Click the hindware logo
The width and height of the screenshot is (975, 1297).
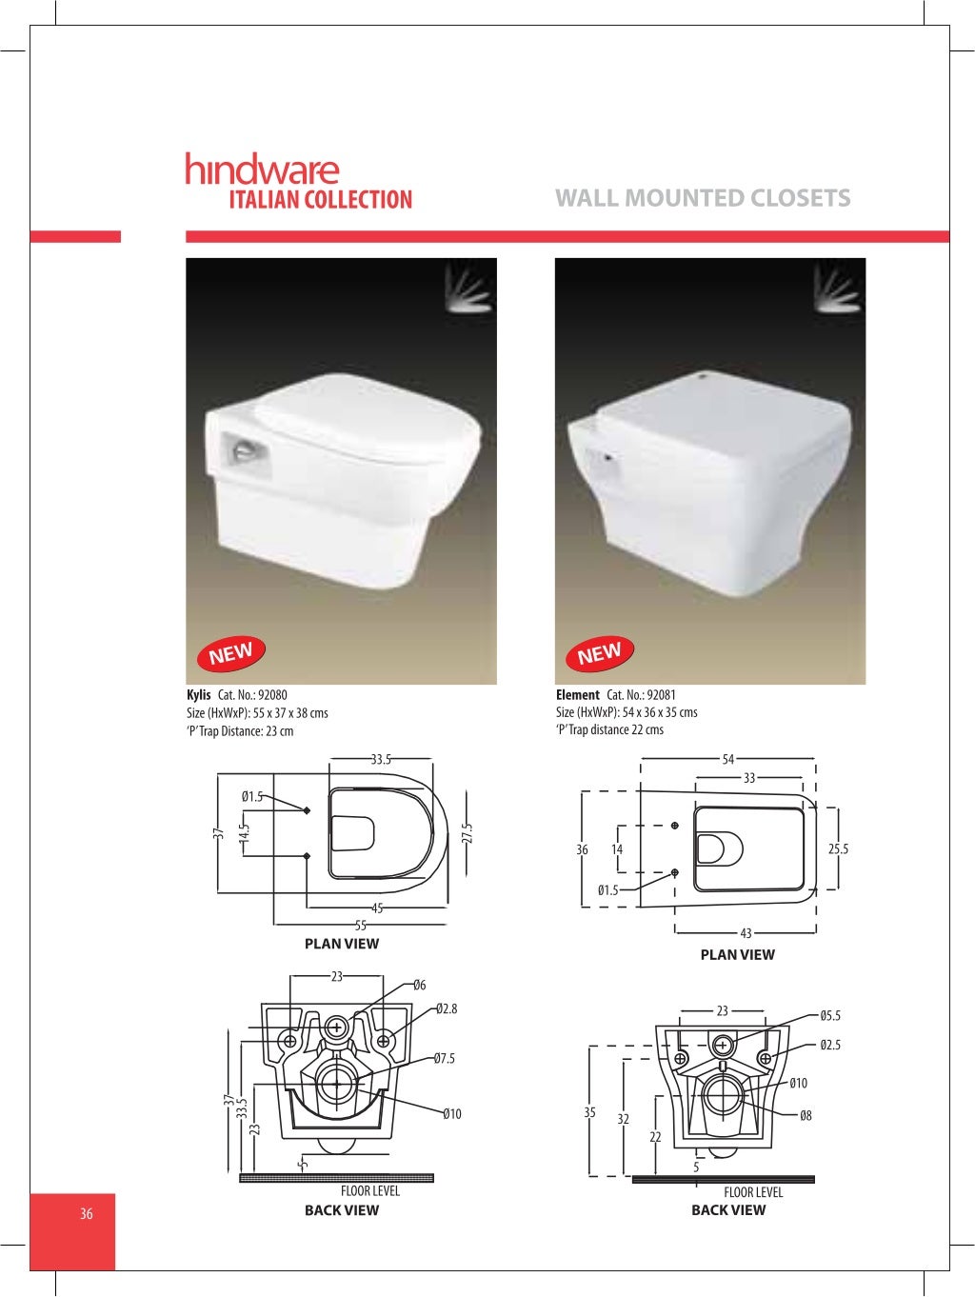tap(262, 170)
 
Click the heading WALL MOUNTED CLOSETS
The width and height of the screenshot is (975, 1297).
tap(703, 198)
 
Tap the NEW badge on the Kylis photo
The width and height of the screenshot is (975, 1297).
tap(230, 653)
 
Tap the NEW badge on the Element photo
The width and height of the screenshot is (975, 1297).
tap(599, 653)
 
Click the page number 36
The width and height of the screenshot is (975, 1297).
tap(87, 1213)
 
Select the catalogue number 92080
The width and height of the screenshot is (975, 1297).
tap(272, 695)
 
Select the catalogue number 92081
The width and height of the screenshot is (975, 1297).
tap(661, 695)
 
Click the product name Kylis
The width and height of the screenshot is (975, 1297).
tap(199, 695)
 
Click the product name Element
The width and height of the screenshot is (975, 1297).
tap(578, 695)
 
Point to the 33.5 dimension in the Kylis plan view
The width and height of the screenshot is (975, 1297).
tap(381, 760)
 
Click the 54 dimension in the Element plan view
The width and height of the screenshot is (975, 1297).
tap(728, 760)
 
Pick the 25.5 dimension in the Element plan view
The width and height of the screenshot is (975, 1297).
tap(838, 849)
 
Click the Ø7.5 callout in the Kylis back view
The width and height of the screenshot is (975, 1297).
tap(444, 1058)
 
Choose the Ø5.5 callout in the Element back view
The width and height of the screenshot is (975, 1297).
tap(830, 1016)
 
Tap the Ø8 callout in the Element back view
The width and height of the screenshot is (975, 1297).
tap(806, 1116)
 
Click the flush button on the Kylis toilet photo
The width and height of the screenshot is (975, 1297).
tap(246, 449)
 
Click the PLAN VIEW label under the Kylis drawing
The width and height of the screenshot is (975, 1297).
tap(342, 944)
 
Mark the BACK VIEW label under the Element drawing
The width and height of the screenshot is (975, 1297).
tap(728, 1210)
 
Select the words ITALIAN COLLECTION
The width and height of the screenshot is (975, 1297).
tap(320, 200)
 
